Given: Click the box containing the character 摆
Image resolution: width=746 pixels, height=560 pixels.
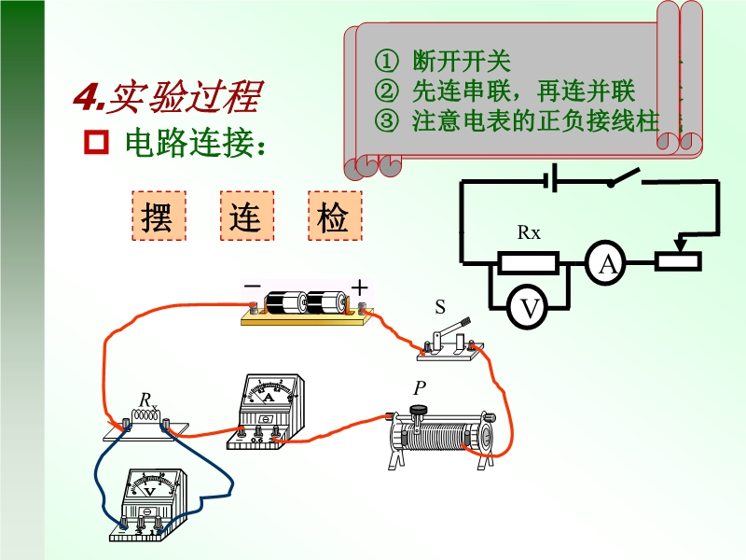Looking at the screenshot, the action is [x=159, y=216].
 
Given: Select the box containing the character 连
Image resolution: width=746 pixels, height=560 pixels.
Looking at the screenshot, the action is [x=247, y=216].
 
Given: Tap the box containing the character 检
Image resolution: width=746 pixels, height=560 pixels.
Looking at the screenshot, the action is [x=335, y=216].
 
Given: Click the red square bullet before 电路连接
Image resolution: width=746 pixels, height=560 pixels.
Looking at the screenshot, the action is [x=96, y=142].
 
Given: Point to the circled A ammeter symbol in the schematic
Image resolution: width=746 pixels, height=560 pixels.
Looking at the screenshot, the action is [x=605, y=263].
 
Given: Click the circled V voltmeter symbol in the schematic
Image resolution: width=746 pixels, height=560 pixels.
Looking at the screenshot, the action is [x=528, y=307].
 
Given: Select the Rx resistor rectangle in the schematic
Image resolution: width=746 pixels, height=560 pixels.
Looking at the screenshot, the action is [x=528, y=263].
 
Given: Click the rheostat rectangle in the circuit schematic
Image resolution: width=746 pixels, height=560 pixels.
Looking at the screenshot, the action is [x=678, y=262].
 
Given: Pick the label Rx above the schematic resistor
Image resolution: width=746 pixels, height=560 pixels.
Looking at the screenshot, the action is [x=529, y=232].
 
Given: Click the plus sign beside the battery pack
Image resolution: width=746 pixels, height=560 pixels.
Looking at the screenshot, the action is [x=360, y=288].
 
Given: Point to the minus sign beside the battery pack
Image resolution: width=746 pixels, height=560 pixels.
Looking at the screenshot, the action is [x=252, y=286].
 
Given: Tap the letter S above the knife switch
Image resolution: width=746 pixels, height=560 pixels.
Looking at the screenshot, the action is [x=440, y=307].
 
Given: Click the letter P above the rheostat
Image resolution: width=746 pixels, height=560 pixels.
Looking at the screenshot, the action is [x=419, y=388].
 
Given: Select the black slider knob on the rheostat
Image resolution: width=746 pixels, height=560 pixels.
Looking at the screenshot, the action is [x=419, y=409].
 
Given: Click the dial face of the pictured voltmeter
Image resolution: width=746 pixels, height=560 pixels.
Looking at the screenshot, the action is [x=151, y=486].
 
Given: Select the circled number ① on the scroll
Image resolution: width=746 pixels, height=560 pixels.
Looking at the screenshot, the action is [x=386, y=61].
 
